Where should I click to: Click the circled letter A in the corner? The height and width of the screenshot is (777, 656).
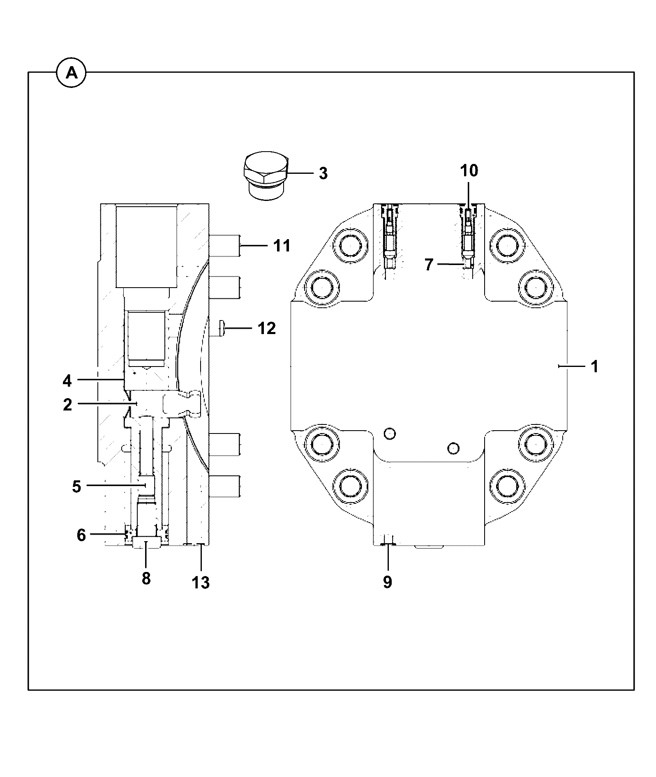tap(72, 74)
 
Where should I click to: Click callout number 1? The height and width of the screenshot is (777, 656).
tap(594, 367)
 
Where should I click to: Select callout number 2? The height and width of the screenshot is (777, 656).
tap(68, 405)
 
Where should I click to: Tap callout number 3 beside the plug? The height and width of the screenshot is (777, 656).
tap(323, 173)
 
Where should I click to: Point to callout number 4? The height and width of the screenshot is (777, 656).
tap(67, 381)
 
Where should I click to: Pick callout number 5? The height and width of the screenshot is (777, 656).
tap(77, 486)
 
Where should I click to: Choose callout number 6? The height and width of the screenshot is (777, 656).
tap(81, 535)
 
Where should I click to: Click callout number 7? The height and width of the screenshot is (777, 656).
tap(429, 265)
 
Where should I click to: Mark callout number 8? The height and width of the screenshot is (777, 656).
tap(146, 579)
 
